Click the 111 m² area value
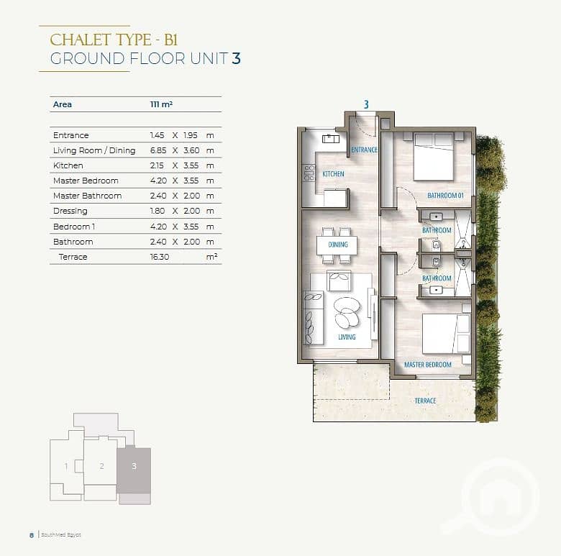point(161,104)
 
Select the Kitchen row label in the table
point(68,165)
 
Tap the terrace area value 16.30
point(159,257)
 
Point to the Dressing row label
point(70,211)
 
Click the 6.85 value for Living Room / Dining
point(158,150)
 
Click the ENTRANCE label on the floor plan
point(364,150)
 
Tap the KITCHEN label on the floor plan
point(333,174)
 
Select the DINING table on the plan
point(337,245)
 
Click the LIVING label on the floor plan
point(347,337)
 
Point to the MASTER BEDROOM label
point(427,365)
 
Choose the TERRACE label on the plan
point(425,401)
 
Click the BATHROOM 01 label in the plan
point(445,196)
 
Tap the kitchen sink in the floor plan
point(331,139)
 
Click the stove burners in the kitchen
point(309,173)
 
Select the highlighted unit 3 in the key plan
point(134,470)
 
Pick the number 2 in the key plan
point(102,466)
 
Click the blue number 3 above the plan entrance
point(366,104)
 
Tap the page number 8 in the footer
point(32,535)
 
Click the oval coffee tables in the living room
point(346,312)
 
